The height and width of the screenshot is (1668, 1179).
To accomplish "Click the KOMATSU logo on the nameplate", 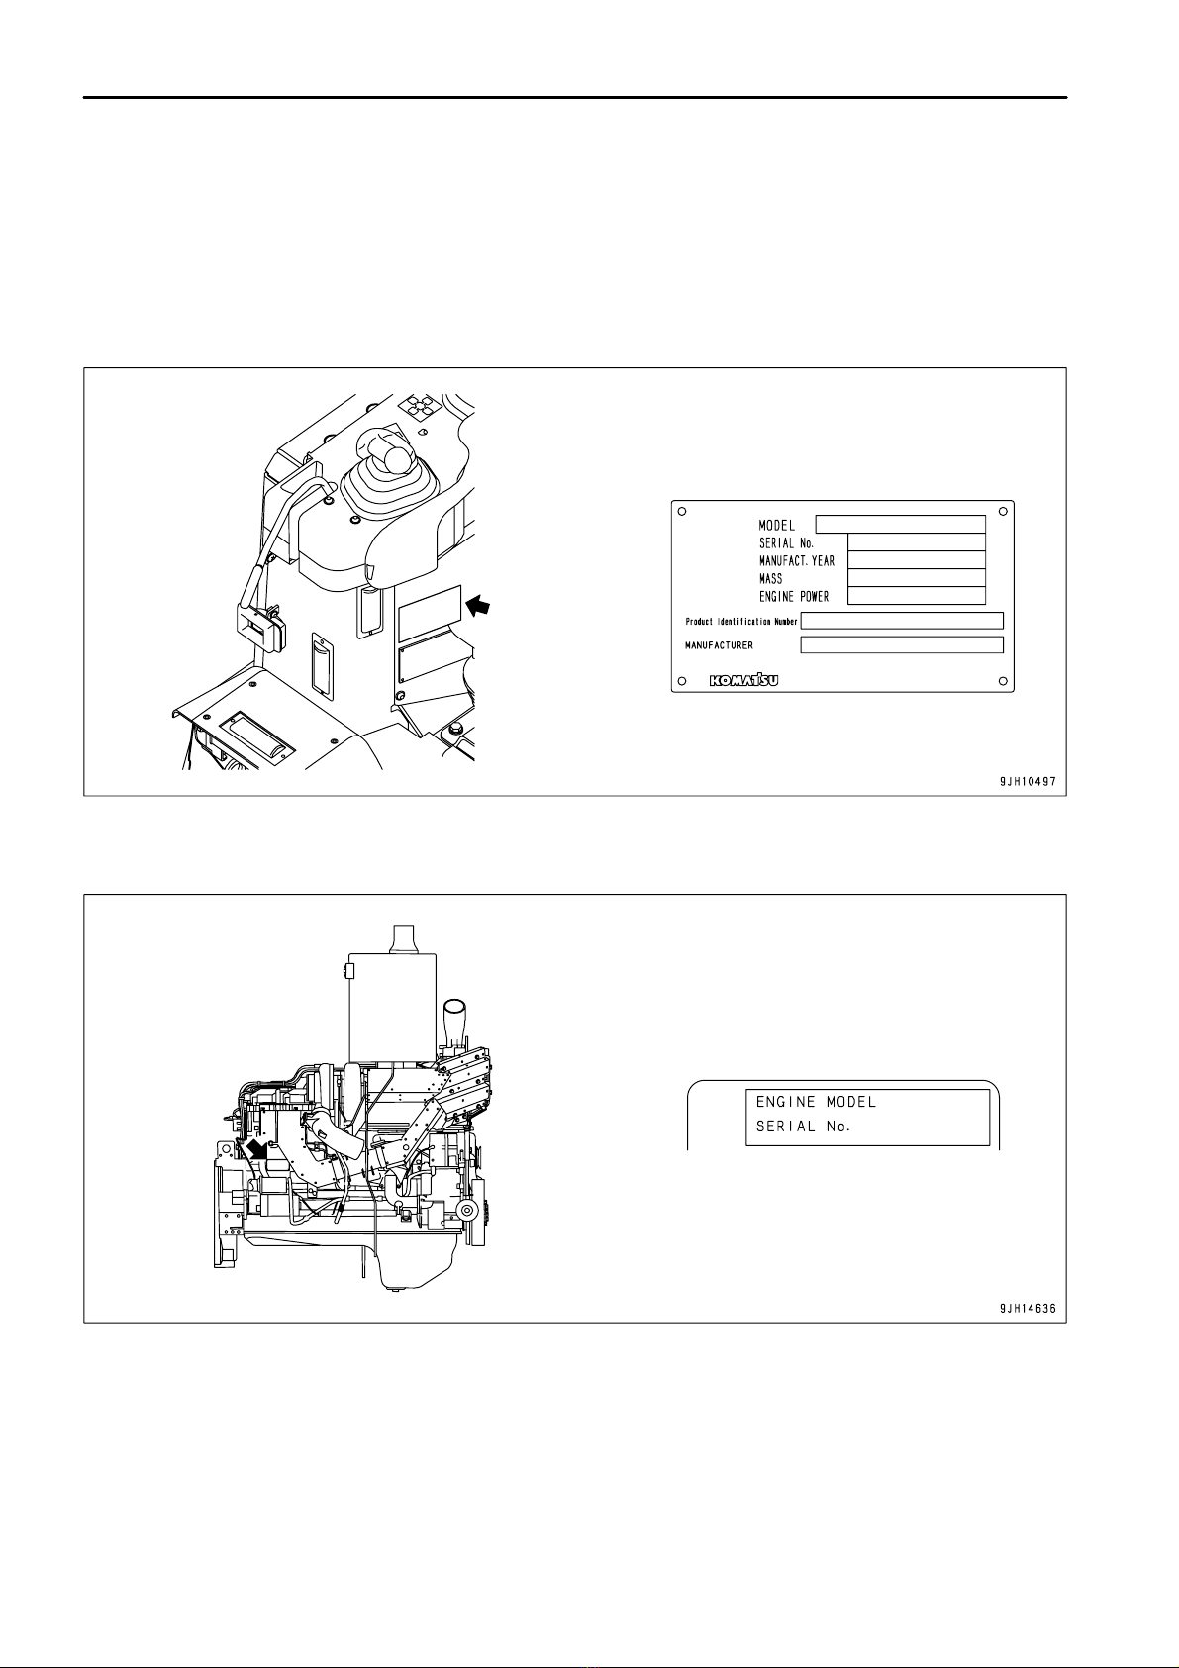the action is (743, 681).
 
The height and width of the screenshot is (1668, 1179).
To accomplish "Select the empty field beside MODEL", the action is (901, 525).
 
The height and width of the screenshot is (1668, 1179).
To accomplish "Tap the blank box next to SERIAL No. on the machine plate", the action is (917, 542).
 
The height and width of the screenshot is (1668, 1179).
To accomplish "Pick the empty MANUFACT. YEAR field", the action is (917, 560).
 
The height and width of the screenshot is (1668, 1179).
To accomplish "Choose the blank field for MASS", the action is (917, 578).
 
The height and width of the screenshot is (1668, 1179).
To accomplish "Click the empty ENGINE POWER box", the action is (917, 596).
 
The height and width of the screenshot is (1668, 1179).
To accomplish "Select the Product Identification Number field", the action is (902, 621).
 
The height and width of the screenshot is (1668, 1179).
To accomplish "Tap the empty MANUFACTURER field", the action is (902, 644).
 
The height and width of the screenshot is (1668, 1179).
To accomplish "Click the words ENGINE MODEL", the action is (817, 1102).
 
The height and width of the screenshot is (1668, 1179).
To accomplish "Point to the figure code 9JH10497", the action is (1028, 782).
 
